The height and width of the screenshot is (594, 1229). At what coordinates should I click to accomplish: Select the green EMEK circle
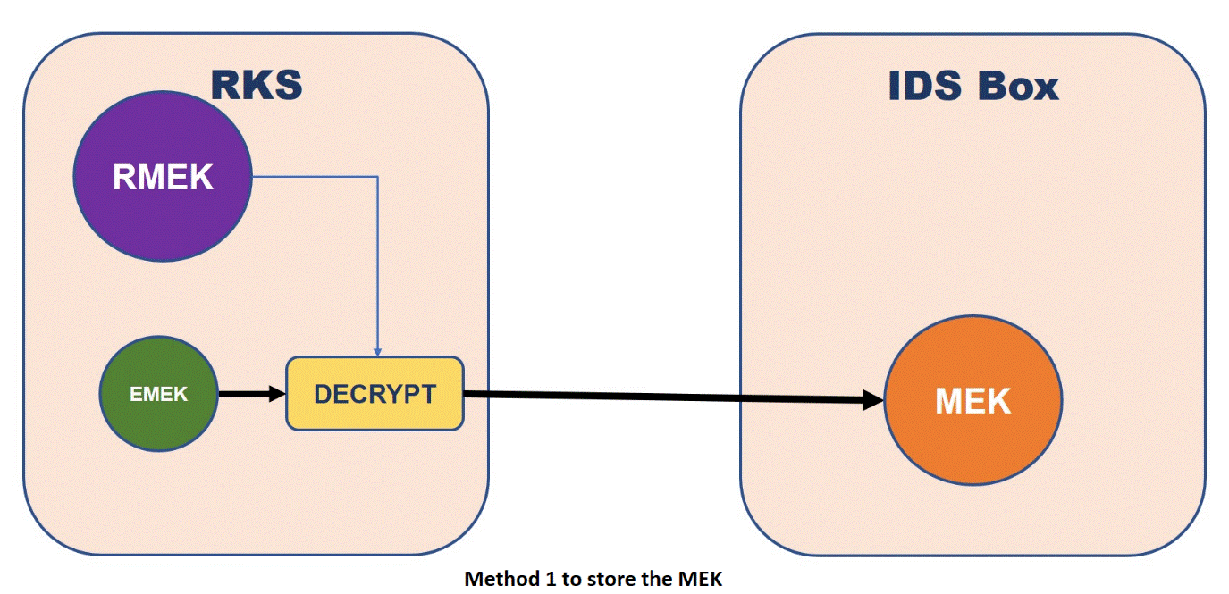point(158,420)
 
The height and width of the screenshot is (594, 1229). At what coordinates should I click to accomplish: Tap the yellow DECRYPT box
point(375,394)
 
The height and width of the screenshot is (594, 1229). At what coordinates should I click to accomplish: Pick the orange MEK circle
point(972,401)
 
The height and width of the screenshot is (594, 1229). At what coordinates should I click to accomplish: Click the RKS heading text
point(257,85)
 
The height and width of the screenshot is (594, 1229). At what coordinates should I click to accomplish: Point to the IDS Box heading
point(972,86)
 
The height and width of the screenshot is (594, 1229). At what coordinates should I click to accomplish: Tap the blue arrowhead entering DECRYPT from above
point(378,351)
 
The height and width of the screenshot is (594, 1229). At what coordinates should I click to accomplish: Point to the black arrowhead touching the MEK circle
point(873,400)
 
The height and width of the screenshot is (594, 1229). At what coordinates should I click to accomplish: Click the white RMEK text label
point(163,178)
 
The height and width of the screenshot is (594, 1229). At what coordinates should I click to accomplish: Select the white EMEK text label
point(158,394)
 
